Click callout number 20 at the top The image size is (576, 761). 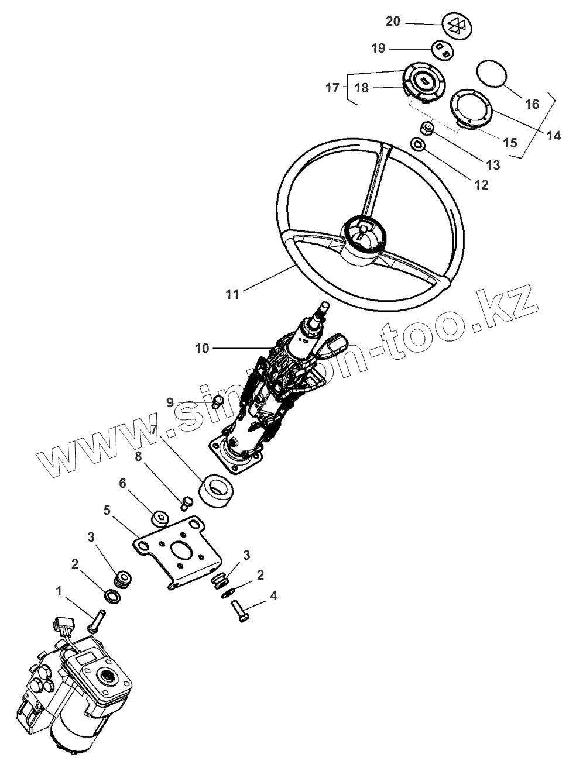(393, 22)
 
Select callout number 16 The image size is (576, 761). (532, 104)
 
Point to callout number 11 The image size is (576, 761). (233, 294)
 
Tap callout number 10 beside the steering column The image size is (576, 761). (202, 349)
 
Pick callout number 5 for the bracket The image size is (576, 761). (107, 509)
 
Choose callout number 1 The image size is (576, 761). (59, 591)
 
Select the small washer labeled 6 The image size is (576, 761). (159, 518)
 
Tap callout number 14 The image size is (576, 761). (554, 136)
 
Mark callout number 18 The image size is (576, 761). (362, 88)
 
